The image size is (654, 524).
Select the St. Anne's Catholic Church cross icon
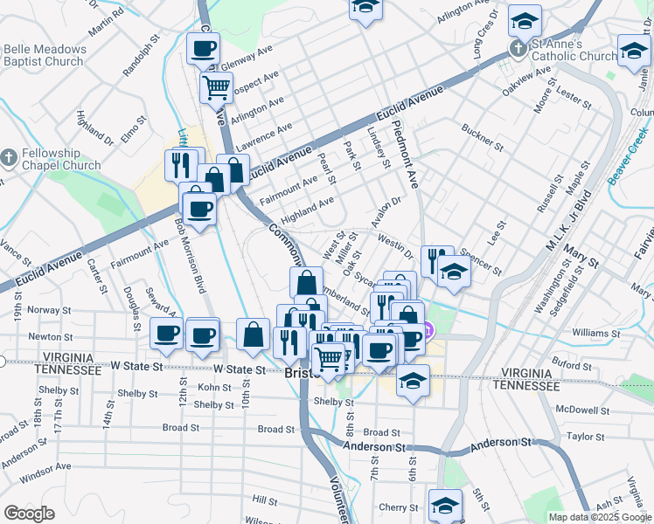pyautogui.click(x=519, y=50)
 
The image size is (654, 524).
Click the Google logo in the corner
pyautogui.click(x=29, y=514)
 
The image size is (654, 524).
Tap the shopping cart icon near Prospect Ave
pyautogui.click(x=216, y=86)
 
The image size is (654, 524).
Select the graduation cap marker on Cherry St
pyautogui.click(x=445, y=505)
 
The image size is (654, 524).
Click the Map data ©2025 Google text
pyautogui.click(x=599, y=517)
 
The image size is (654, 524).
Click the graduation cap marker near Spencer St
pyautogui.click(x=455, y=272)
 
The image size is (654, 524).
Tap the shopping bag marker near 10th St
pyautogui.click(x=253, y=334)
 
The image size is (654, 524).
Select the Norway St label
pyautogui.click(x=49, y=310)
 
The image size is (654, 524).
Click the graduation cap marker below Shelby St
pyautogui.click(x=413, y=381)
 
